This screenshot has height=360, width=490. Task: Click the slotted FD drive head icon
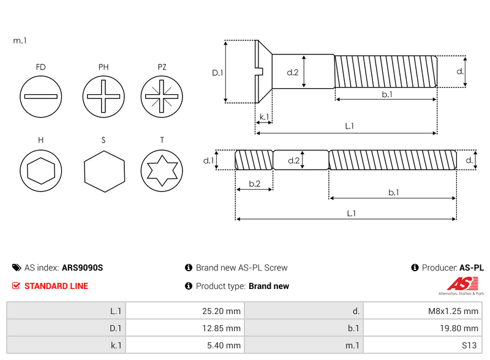click(40, 97)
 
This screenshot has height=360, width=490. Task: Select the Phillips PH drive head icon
click(104, 97)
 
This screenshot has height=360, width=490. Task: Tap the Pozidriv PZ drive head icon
click(162, 97)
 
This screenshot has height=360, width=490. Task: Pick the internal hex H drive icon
click(40, 171)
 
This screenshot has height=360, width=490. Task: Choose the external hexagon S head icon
click(104, 171)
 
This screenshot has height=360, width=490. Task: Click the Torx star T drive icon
click(162, 171)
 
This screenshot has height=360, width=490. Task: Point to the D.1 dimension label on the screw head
click(217, 73)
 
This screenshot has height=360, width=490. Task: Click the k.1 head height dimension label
click(264, 117)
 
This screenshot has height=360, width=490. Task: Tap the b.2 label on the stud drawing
click(255, 184)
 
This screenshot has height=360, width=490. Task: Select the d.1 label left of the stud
click(208, 160)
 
